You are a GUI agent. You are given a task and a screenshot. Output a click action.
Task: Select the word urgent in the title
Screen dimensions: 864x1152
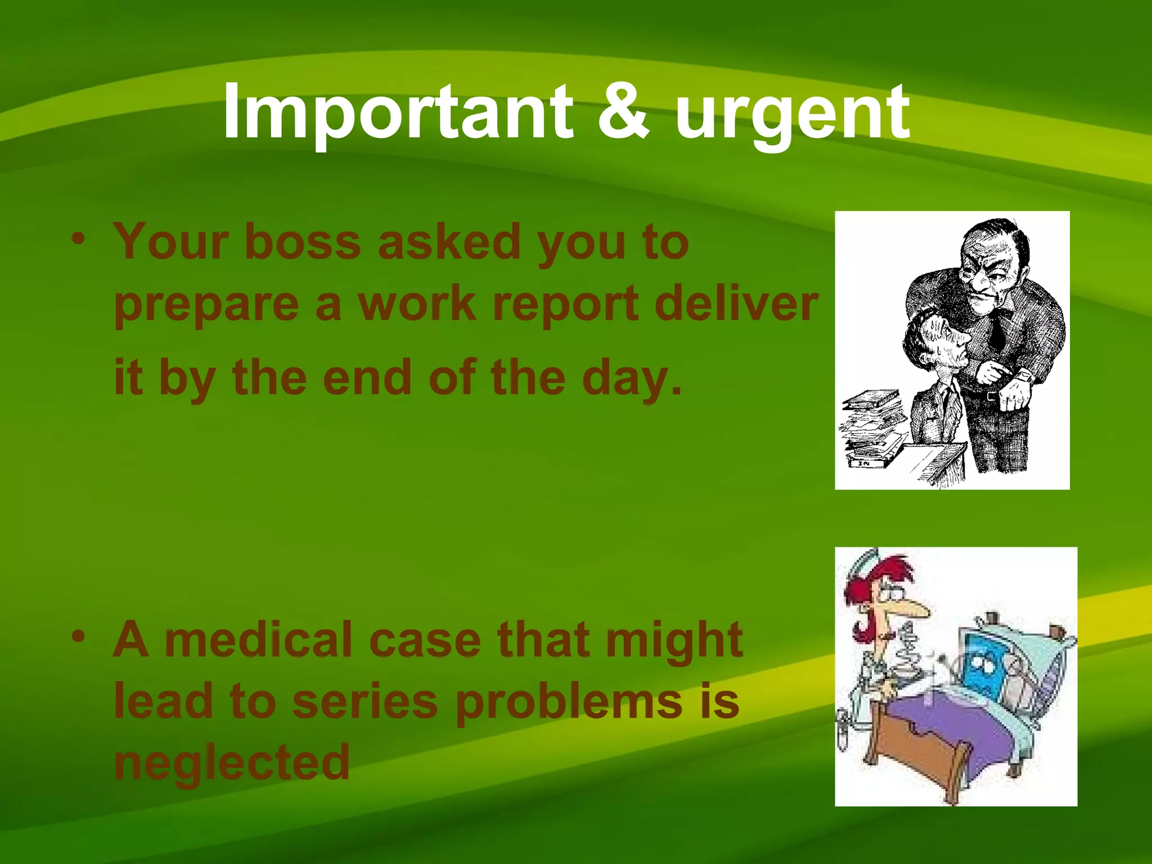(x=792, y=115)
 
